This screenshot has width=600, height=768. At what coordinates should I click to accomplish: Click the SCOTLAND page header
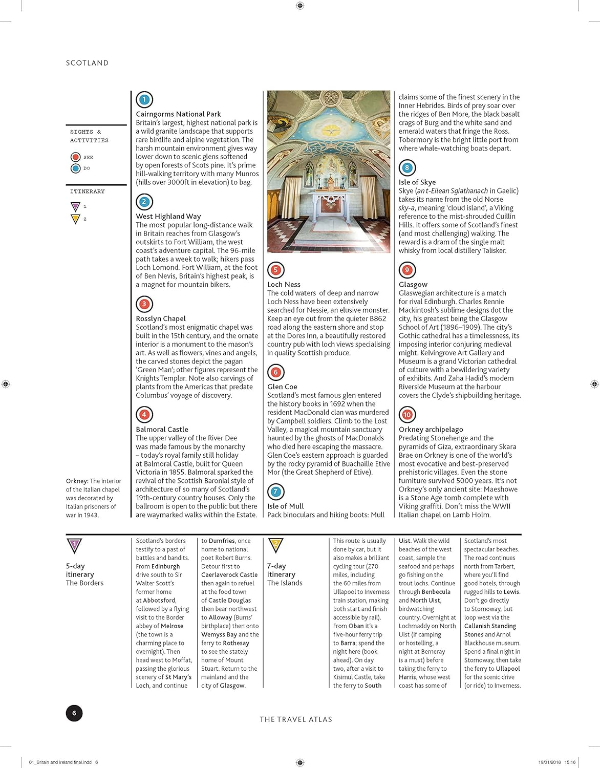(x=87, y=63)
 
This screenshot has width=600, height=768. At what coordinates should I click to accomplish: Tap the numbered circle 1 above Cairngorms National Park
(x=144, y=99)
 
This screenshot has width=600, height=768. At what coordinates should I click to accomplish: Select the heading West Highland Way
(x=168, y=216)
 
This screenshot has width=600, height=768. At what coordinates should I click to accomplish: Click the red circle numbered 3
(x=144, y=304)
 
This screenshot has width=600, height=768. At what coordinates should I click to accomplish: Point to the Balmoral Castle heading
(x=162, y=429)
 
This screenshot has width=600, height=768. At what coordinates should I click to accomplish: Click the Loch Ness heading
(x=284, y=284)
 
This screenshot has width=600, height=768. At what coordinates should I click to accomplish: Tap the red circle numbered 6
(x=275, y=372)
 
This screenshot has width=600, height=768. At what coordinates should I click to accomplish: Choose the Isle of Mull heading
(x=285, y=506)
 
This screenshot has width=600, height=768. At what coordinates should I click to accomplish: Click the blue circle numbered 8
(x=407, y=167)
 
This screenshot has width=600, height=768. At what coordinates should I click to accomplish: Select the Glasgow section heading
(x=413, y=284)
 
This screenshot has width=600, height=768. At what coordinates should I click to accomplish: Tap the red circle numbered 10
(x=407, y=415)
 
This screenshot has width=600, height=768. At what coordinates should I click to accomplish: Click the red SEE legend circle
(x=76, y=157)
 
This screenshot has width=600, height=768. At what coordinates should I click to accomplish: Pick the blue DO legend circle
(x=76, y=168)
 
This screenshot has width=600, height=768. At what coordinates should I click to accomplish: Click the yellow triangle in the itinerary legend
(x=75, y=219)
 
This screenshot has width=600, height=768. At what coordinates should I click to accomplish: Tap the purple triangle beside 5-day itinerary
(x=75, y=545)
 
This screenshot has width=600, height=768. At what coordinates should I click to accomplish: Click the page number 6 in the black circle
(x=74, y=713)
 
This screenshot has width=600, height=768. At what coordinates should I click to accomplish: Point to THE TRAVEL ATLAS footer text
(x=296, y=719)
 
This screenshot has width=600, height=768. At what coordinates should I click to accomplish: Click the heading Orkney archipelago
(x=431, y=429)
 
